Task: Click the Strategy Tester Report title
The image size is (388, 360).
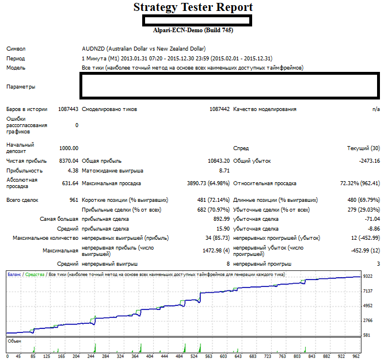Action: [193, 7]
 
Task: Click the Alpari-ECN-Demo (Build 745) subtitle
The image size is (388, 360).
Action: [193, 30]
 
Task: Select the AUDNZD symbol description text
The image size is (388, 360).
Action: [144, 49]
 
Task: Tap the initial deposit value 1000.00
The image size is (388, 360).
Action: [69, 148]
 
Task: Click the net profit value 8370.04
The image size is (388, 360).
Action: [69, 161]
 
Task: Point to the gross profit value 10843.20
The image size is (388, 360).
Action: [219, 161]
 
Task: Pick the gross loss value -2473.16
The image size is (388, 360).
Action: [370, 161]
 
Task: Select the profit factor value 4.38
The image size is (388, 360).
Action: [73, 171]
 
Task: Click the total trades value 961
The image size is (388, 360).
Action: [74, 200]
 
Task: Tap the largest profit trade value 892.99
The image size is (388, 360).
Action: [222, 219]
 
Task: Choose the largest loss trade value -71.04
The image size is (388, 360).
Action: [372, 219]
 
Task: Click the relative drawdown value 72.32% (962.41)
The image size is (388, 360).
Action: [360, 183]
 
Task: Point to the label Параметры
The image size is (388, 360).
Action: [21, 87]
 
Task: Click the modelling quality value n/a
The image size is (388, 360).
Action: [376, 109]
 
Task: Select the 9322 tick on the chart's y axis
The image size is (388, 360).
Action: [368, 277]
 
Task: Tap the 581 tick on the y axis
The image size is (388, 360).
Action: [367, 335]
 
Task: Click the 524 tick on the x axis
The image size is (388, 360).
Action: [194, 357]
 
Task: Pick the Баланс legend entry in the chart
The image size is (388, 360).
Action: [14, 274]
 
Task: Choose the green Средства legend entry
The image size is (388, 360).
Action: [35, 274]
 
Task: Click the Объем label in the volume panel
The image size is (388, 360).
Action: [14, 341]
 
